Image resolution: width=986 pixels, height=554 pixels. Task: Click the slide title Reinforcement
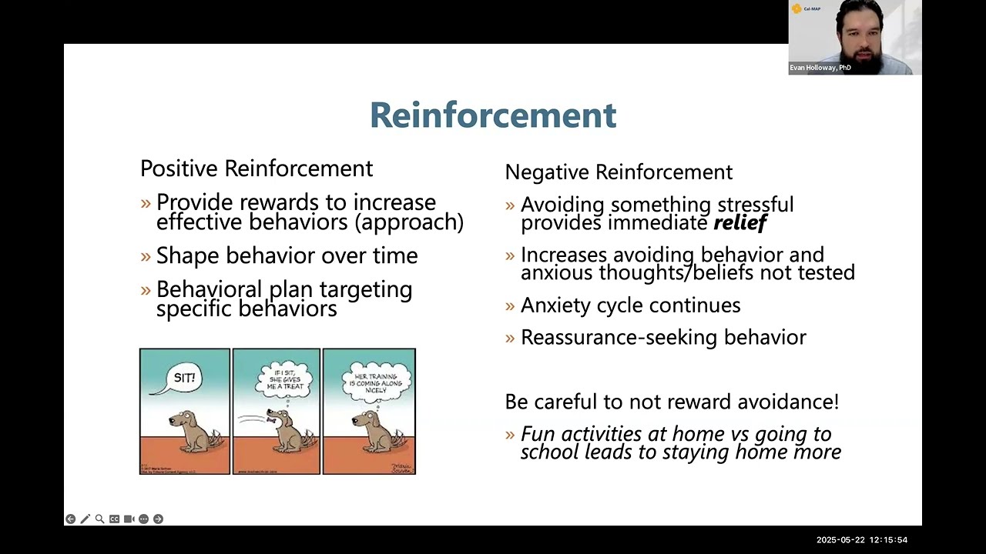click(x=493, y=115)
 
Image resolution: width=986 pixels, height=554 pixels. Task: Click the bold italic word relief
click(x=739, y=223)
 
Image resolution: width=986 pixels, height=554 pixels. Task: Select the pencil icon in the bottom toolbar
click(x=85, y=519)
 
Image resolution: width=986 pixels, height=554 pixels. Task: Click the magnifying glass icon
click(x=99, y=519)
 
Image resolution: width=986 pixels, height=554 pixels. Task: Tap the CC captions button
click(x=114, y=519)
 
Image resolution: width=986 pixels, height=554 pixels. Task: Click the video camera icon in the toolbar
click(x=129, y=519)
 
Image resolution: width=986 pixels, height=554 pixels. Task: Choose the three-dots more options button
click(x=143, y=519)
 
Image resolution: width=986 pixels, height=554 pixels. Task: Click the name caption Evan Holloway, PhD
click(x=820, y=68)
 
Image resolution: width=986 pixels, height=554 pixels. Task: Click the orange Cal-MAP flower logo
click(x=797, y=8)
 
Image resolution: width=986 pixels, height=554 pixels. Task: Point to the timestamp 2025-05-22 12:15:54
click(x=862, y=540)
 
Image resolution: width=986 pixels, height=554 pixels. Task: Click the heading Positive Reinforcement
click(x=257, y=169)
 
